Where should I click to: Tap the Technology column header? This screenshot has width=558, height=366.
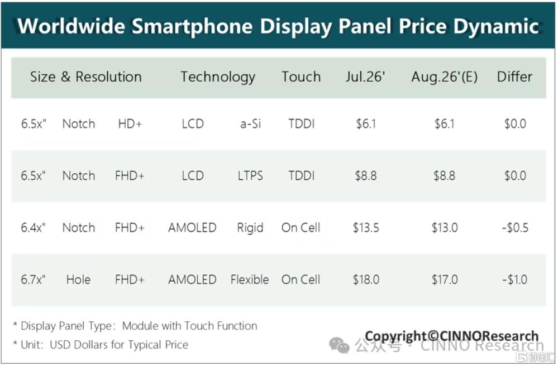point(218,77)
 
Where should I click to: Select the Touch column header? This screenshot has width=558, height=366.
point(301,77)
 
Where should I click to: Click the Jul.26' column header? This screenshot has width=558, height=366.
point(365,77)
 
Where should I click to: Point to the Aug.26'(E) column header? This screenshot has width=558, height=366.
point(445,77)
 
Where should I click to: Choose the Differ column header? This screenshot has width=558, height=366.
point(514,77)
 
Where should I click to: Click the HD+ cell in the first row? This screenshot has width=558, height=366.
point(130,124)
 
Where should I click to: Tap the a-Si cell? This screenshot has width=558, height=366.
point(251,124)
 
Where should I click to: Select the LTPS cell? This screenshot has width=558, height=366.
point(250,175)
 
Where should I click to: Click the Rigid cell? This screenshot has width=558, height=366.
point(250,228)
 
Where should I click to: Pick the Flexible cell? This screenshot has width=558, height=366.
point(250,279)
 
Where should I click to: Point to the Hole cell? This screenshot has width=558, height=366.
point(78,279)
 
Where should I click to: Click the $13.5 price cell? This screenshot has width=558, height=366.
point(366,227)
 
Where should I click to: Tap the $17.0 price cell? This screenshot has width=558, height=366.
point(445,279)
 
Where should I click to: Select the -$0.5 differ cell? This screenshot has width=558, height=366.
point(515,227)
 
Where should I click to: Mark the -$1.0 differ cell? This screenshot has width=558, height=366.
point(514,279)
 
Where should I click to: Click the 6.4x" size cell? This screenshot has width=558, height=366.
point(33,227)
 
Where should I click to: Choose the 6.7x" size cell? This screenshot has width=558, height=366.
point(33,279)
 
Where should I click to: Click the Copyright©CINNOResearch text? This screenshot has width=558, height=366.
point(452,336)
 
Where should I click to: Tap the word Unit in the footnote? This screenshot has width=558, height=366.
point(31,345)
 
